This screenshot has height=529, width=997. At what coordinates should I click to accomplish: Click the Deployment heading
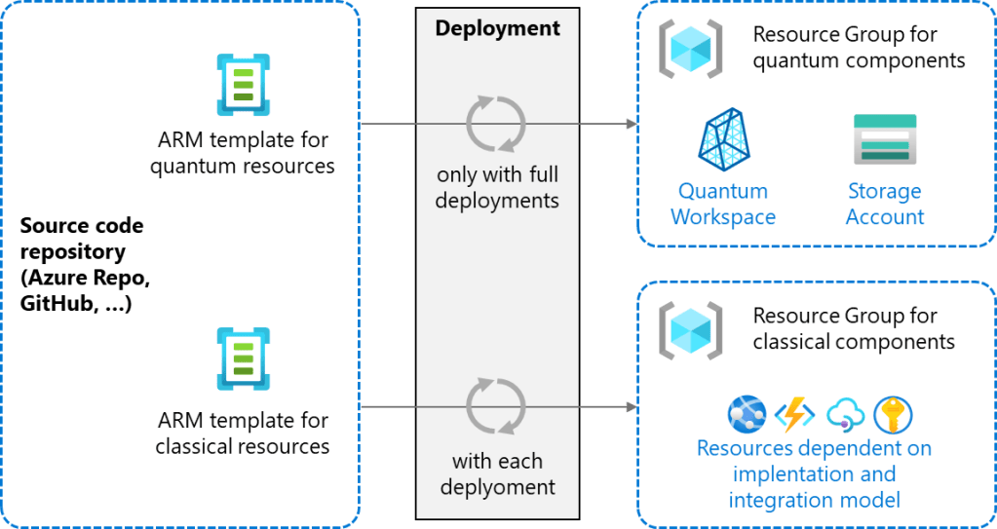(x=497, y=28)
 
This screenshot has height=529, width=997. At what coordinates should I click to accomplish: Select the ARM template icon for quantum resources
(x=243, y=85)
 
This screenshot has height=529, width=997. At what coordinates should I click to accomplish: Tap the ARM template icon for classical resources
(x=243, y=359)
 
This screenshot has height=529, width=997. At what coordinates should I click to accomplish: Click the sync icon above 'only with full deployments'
(x=496, y=125)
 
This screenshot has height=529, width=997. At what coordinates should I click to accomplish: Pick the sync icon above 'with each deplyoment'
(x=496, y=406)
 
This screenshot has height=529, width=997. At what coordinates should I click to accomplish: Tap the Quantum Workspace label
(x=723, y=204)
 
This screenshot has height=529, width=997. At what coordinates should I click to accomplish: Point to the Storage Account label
(x=884, y=204)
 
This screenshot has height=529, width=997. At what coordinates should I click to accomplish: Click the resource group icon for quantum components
(x=690, y=47)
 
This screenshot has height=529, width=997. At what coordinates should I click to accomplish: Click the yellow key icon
(x=893, y=415)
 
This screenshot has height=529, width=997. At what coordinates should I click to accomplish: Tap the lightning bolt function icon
(x=794, y=415)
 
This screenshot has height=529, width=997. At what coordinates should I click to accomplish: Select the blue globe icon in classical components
(x=747, y=415)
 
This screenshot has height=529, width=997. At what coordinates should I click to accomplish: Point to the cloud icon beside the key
(x=844, y=415)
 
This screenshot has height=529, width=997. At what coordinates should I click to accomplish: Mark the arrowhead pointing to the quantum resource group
(x=631, y=125)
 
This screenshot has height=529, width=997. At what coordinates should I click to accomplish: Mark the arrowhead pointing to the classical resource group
(x=631, y=406)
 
